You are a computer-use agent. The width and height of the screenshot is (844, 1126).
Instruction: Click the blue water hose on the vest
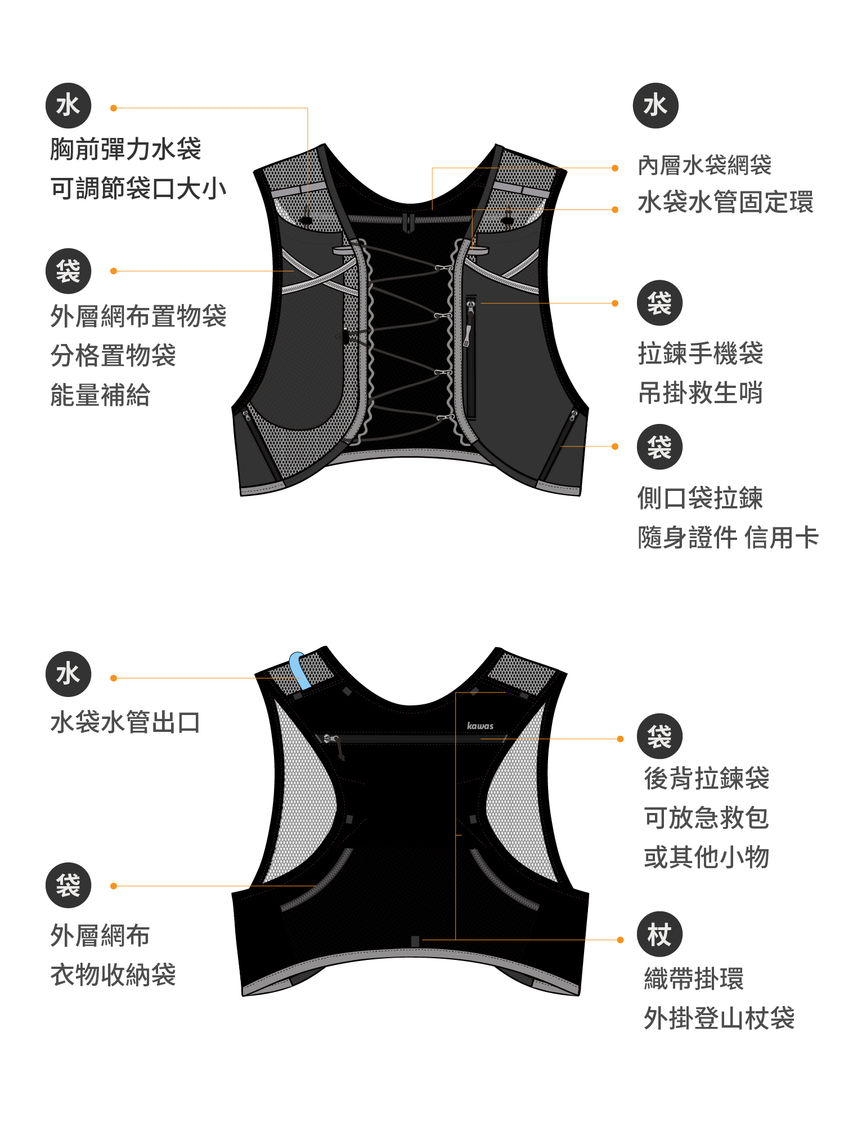[x=300, y=670]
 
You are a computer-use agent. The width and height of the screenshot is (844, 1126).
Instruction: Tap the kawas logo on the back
[x=480, y=726]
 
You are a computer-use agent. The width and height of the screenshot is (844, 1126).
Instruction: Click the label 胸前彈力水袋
[x=125, y=149]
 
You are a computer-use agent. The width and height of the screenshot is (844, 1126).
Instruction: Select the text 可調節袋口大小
[x=138, y=189]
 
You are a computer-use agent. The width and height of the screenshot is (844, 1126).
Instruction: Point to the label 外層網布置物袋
[x=138, y=316]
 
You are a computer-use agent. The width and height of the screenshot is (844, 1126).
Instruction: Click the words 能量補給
[x=100, y=395]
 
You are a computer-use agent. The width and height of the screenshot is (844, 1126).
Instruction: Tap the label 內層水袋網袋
[x=704, y=166]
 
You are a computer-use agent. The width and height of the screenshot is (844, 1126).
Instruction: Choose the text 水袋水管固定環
[x=725, y=203]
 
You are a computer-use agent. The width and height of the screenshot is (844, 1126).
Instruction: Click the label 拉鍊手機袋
[x=701, y=354]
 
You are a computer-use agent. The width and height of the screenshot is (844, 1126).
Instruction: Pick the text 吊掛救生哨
[x=701, y=393]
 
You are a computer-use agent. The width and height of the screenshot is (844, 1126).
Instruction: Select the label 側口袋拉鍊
[x=701, y=498]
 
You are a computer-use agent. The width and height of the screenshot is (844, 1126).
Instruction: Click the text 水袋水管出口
[x=125, y=722]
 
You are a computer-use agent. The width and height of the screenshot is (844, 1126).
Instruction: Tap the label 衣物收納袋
[x=113, y=975]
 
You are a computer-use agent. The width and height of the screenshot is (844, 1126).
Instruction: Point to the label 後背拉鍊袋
[x=707, y=779]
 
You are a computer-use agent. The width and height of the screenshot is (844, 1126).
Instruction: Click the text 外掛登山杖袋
[x=719, y=1018]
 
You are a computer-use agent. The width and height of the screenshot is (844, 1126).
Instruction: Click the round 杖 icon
[x=659, y=935]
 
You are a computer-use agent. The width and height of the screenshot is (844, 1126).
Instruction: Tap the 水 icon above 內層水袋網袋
[x=656, y=106]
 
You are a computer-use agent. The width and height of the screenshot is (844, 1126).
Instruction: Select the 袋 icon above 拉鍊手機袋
[x=659, y=303]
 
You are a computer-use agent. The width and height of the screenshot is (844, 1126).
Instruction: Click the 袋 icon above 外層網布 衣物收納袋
[x=68, y=885]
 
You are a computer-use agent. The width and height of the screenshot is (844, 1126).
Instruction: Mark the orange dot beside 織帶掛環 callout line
[x=620, y=940]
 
